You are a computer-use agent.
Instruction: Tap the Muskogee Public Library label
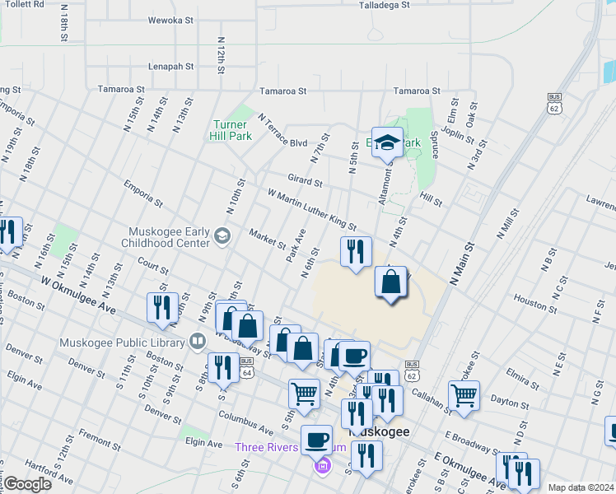coord(123,342)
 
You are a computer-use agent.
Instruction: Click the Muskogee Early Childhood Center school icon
coord(222,237)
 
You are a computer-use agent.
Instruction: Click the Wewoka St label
coord(170,20)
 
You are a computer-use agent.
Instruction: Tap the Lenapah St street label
coord(170,67)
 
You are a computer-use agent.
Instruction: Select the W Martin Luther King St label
coord(311,209)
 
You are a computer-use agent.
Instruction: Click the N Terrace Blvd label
coord(282,131)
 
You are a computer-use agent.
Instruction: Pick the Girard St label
coord(305,179)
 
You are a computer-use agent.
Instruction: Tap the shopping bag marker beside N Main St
coord(391,283)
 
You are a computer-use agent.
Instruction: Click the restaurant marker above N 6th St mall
coord(356,253)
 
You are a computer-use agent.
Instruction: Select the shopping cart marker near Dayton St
coord(464,396)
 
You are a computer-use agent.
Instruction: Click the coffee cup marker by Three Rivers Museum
coord(316,440)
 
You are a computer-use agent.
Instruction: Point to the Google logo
coord(27,484)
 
